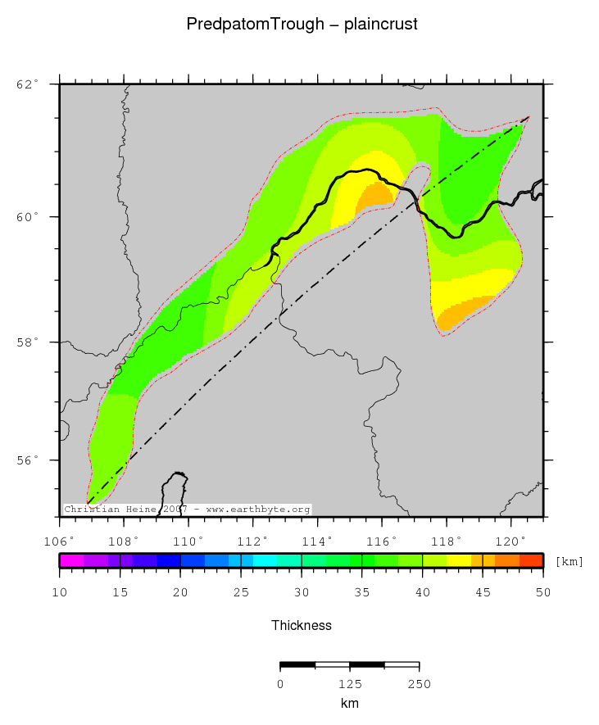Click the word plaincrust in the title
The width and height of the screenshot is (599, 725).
[381, 25]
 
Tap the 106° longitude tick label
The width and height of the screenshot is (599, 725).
[59, 541]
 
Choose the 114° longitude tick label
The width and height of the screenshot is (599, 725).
[317, 541]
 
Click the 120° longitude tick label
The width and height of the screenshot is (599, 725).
[511, 541]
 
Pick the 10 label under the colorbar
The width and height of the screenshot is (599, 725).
[60, 592]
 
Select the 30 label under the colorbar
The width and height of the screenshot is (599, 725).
[302, 592]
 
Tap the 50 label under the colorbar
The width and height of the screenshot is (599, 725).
[542, 592]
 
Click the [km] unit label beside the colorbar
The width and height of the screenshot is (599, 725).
[570, 562]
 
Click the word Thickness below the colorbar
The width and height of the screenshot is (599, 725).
[302, 625]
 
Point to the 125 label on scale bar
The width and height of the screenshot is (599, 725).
[350, 684]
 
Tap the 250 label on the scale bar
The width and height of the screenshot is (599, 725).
[419, 684]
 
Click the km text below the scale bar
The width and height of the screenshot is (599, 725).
[350, 704]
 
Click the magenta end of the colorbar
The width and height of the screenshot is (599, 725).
[70, 561]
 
